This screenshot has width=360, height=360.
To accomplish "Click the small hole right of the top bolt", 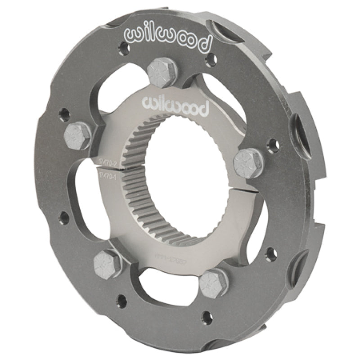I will click(207, 59).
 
